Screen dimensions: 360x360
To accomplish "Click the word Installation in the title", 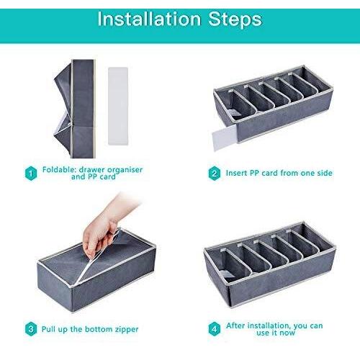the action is click(149, 19).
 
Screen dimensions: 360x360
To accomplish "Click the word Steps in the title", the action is click(235, 20).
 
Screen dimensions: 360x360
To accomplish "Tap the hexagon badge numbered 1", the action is click(31, 174).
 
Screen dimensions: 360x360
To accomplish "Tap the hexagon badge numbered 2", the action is click(215, 173).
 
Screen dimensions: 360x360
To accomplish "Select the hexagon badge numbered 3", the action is click(31, 329).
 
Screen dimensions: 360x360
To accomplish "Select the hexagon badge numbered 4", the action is click(215, 329).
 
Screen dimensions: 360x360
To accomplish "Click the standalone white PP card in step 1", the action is click(118, 106).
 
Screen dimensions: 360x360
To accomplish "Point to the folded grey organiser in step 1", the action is click(75, 109).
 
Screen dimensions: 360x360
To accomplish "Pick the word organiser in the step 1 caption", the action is click(125, 170).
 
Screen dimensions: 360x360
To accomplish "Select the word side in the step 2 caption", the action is click(325, 173).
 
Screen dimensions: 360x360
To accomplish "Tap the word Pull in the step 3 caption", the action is click(48, 329).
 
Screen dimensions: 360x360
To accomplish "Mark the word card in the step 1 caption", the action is click(107, 177).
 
